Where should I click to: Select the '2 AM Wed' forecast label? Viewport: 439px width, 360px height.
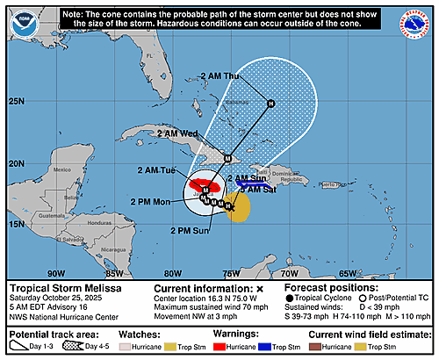[176, 133]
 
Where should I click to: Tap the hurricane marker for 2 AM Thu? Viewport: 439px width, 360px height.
[270, 104]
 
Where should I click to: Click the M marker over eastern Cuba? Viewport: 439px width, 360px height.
[227, 159]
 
